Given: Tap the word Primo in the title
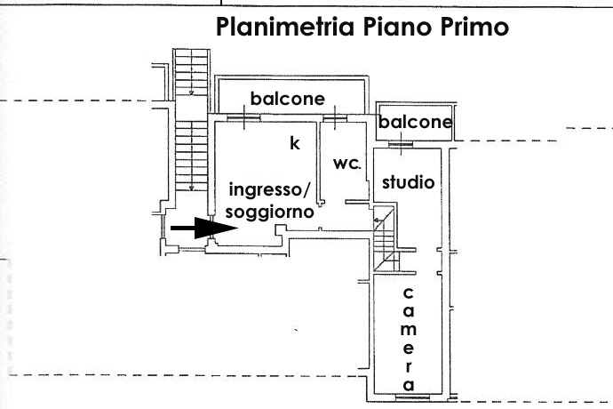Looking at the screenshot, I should click(x=469, y=28).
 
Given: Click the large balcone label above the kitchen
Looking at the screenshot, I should click(x=287, y=99).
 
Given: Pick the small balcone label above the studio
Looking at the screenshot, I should click(x=415, y=123).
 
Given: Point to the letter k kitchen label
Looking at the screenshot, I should click(x=295, y=142).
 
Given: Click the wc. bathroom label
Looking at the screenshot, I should click(x=346, y=164).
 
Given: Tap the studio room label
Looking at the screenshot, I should click(x=408, y=183).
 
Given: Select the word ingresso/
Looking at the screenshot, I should click(x=270, y=189).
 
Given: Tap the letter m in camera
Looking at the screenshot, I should click(x=408, y=330).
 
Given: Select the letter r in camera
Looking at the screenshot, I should click(x=408, y=367).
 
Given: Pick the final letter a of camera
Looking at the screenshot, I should click(x=408, y=385).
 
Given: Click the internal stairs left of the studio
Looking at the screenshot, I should click(x=385, y=240).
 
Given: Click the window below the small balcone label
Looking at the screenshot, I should click(x=401, y=144).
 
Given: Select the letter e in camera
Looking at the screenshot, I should click(x=408, y=349).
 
